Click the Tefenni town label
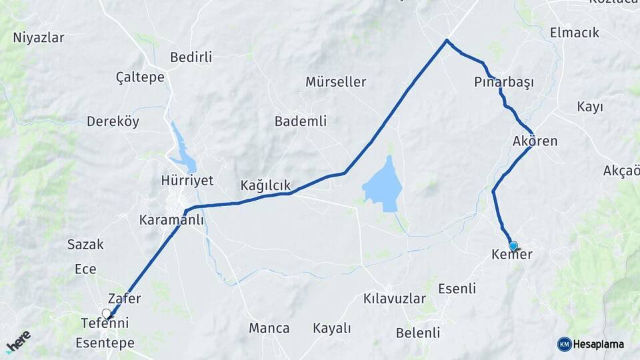click(104, 323)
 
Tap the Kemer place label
click(511, 255)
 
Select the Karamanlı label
click(171, 219)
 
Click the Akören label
click(535, 141)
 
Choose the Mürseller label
click(336, 82)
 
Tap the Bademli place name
click(301, 121)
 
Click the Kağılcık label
click(266, 185)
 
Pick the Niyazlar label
click(39, 37)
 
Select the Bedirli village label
click(191, 57)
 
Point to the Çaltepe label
click(140, 78)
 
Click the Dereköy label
click(113, 121)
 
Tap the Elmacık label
click(575, 33)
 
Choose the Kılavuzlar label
click(395, 299)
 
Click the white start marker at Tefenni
click(106, 313)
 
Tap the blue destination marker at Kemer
click(513, 245)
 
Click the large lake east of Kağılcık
click(383, 183)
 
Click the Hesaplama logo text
click(598, 344)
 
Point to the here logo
click(18, 341)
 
